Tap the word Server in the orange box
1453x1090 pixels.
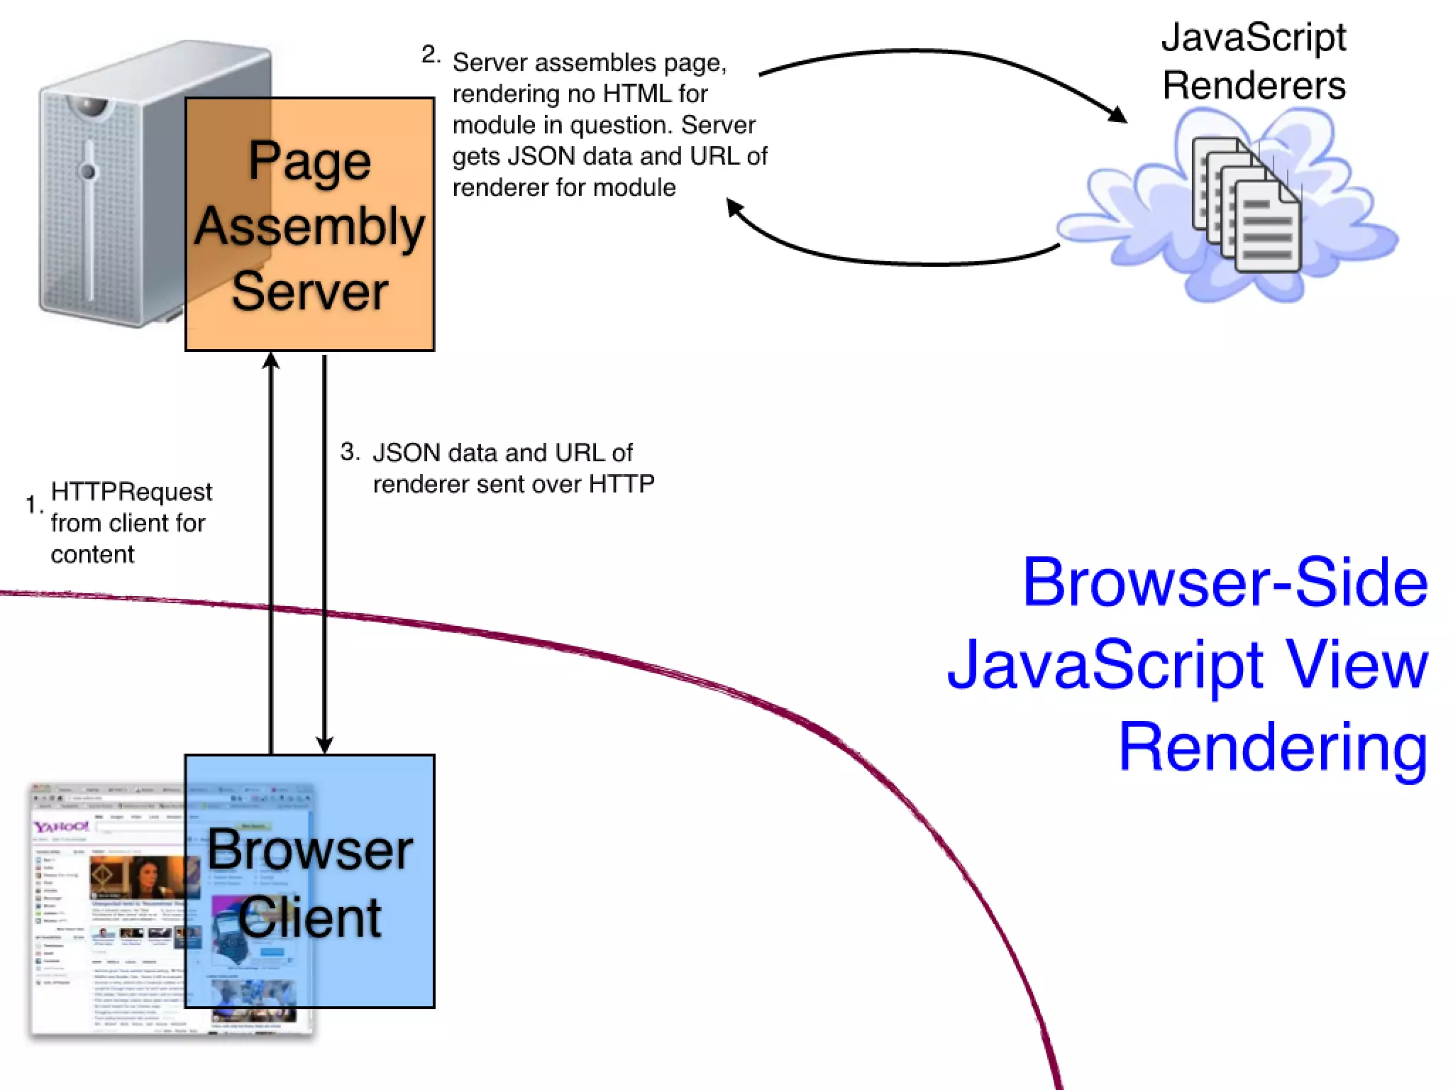309,291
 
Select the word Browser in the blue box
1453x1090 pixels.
309,850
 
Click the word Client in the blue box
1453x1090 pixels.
309,918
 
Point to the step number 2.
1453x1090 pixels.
429,55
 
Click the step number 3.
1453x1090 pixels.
349,451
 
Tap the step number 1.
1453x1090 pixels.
32,505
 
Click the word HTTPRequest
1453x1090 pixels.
131,491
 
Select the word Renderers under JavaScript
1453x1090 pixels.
1254,85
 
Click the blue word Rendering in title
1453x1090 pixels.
1273,747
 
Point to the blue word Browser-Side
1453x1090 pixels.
1225,582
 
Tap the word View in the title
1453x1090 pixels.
1357,664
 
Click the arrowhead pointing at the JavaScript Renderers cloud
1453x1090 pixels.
1119,115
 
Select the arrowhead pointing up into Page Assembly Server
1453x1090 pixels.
270,361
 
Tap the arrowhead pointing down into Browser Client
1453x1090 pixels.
324,745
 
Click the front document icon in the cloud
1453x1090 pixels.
1267,227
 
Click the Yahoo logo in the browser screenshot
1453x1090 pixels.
62,827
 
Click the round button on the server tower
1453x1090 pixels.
88,171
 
